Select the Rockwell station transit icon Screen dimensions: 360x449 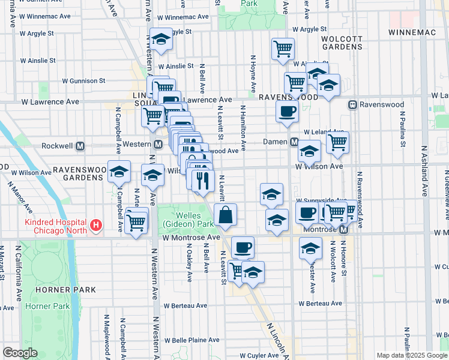tap(80, 145)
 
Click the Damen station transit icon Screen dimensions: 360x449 tap(294, 142)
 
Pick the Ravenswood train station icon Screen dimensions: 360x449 tap(354, 104)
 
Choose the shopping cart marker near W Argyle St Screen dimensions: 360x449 tap(283, 49)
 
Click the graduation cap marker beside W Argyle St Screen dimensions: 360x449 tap(160, 39)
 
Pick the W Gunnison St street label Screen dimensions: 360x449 tap(85, 80)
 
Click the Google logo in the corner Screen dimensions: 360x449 tap(20, 353)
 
